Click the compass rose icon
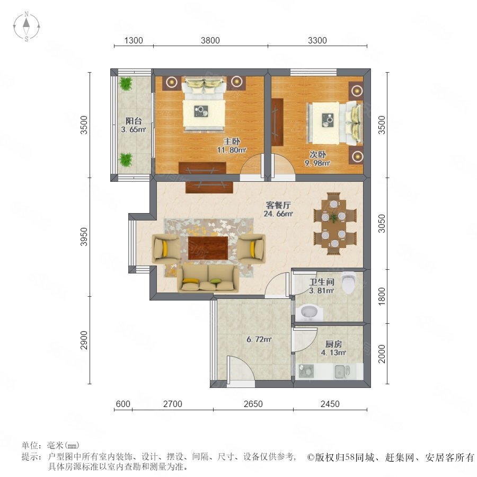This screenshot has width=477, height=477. tap(26, 26)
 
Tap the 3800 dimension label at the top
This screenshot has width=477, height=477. tap(210, 40)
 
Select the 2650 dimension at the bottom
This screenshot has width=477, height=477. tap(253, 404)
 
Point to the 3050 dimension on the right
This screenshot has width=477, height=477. tap(382, 224)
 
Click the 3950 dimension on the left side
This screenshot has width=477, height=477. tap(84, 237)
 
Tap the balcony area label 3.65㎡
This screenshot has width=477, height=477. tap(134, 129)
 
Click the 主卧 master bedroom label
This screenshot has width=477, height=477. tap(232, 141)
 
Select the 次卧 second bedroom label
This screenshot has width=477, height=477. tap(317, 154)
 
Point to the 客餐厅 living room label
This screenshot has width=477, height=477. tap(278, 205)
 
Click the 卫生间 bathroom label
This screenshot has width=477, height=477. tap(322, 282)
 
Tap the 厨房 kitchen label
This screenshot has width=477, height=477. tap(333, 344)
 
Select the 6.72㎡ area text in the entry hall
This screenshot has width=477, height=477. tap(259, 339)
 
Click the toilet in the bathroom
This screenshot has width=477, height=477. tap(349, 282)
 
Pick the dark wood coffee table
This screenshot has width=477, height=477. tap(208, 248)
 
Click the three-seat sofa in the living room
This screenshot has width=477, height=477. tap(208, 278)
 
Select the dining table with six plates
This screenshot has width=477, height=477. tap(334, 224)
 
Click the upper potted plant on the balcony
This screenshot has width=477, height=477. tap(126, 83)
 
